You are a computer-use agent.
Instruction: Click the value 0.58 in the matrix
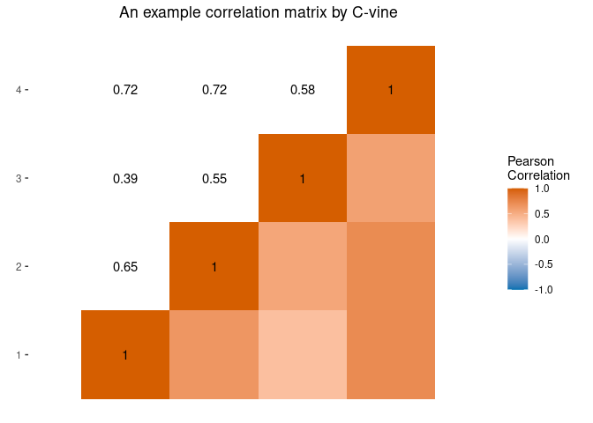pos(302,90)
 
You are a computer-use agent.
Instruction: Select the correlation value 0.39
pos(125,179)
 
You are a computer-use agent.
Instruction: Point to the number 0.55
pos(214,179)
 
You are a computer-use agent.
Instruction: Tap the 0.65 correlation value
pos(125,267)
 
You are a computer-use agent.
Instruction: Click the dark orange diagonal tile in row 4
pos(390,90)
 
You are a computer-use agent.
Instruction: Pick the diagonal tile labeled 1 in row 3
pos(302,179)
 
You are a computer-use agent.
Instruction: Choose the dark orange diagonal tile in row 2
pos(214,267)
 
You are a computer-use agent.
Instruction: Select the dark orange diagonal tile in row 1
pos(125,355)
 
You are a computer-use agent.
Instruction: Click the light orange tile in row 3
pos(390,179)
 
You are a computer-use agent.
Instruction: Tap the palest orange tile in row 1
pos(302,355)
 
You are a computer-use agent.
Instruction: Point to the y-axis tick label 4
pos(19,90)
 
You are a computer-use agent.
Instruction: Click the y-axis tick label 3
pos(19,179)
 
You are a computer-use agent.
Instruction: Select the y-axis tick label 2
pos(19,267)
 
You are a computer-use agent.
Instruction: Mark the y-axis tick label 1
pos(19,355)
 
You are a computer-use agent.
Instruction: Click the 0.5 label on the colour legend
pos(542,213)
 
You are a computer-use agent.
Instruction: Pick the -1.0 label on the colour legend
pos(544,289)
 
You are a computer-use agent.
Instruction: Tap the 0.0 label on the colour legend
pos(542,239)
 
